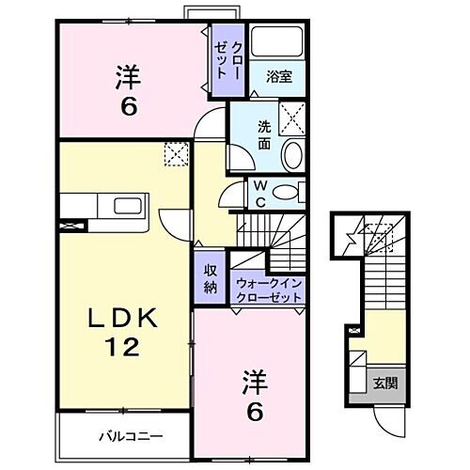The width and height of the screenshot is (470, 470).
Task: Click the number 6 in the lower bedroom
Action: [254, 410]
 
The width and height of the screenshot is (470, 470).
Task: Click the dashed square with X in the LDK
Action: [176, 153]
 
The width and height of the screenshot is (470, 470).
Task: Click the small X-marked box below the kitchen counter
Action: [69, 226]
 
